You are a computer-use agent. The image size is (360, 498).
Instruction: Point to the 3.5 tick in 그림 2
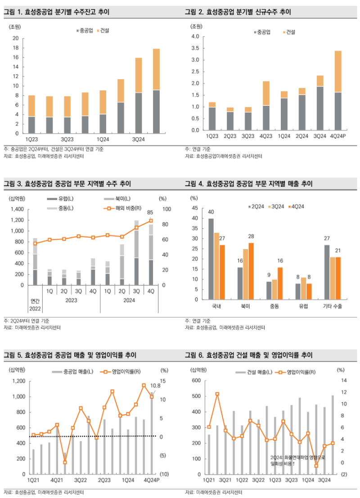pyautogui.click(x=195, y=60)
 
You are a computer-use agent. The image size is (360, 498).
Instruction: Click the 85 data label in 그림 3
pyautogui.click(x=150, y=213)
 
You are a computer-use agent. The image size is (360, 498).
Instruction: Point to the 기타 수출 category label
pyautogui.click(x=333, y=306)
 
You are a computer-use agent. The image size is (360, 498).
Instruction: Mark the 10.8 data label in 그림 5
pyautogui.click(x=155, y=385)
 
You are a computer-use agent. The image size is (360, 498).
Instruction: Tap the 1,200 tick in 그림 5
pyautogui.click(x=18, y=381)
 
